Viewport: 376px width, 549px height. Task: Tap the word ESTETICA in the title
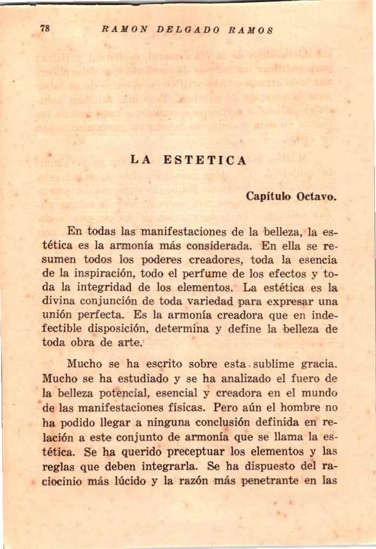pos(205,161)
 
